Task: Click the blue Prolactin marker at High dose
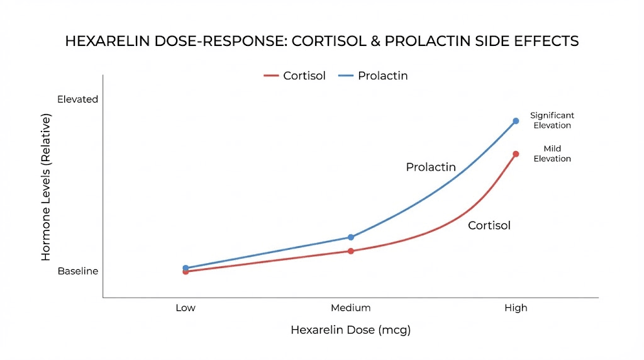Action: click(x=516, y=120)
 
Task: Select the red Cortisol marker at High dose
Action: click(x=516, y=154)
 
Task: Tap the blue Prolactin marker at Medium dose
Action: click(x=351, y=237)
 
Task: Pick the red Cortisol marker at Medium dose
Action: click(x=351, y=251)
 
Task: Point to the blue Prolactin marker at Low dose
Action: click(x=186, y=267)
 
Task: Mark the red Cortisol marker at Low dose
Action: click(x=186, y=272)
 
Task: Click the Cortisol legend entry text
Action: click(x=304, y=76)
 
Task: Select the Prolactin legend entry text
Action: click(x=382, y=76)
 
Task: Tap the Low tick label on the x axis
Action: click(x=186, y=308)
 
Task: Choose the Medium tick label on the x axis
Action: click(x=351, y=308)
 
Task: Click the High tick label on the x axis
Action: click(x=516, y=308)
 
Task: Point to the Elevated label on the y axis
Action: click(x=78, y=99)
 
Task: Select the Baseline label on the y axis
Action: click(x=78, y=271)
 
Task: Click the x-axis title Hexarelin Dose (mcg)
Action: click(x=350, y=330)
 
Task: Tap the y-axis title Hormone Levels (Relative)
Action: click(x=46, y=188)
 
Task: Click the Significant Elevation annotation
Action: click(x=552, y=120)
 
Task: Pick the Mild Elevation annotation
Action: click(x=552, y=154)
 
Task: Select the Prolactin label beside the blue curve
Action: click(x=431, y=167)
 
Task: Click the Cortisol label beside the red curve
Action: click(x=489, y=225)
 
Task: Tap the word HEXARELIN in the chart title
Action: click(x=106, y=42)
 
